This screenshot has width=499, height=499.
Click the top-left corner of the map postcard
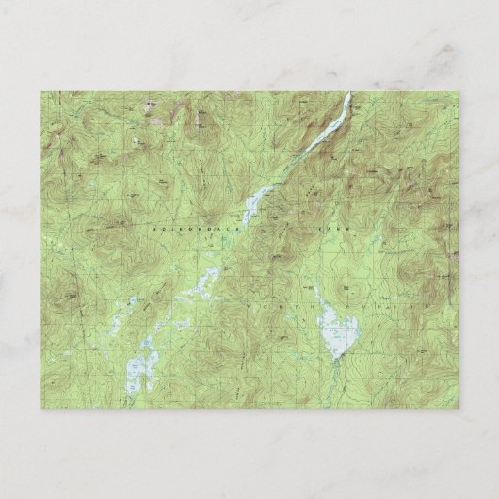(x=41, y=92)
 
